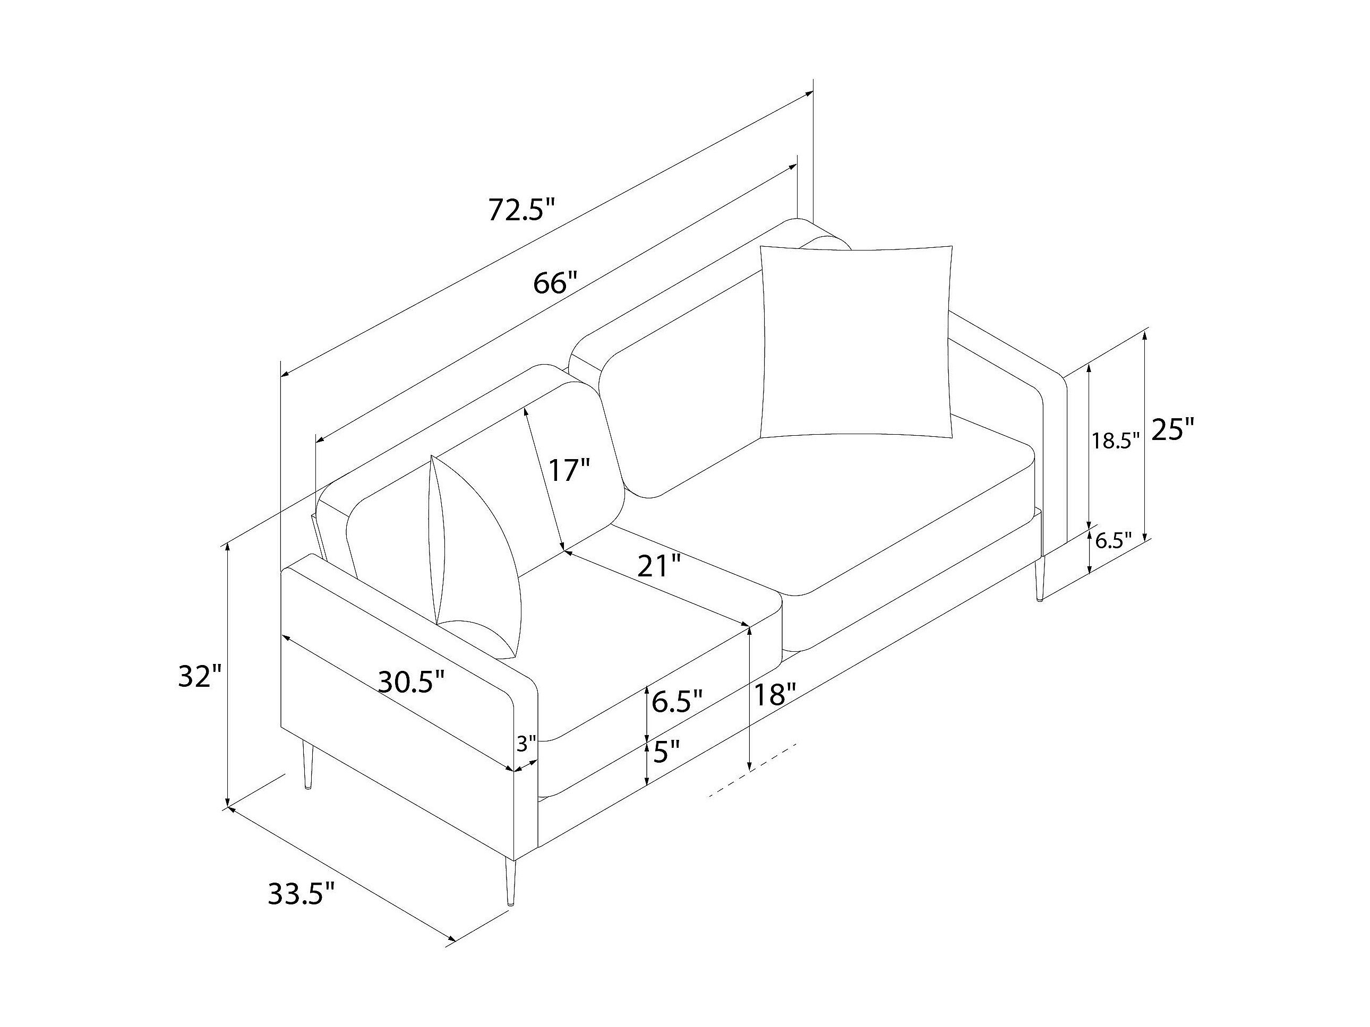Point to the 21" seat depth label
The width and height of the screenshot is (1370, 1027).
[660, 566]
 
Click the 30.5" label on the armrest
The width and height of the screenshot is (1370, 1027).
[411, 681]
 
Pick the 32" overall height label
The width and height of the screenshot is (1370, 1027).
[200, 677]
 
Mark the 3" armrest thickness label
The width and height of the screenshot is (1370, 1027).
[526, 744]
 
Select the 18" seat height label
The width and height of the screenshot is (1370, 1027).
[774, 695]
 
